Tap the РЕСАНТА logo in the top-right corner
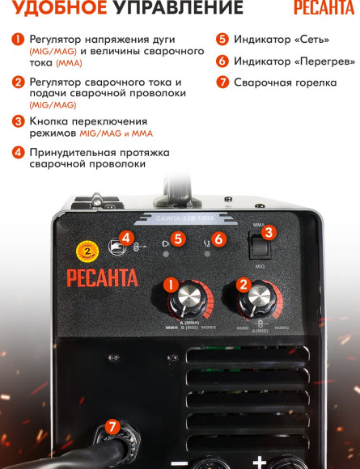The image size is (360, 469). (x=323, y=10)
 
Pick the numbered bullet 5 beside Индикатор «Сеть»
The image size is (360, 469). (x=222, y=39)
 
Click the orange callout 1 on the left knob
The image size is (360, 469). (x=171, y=284)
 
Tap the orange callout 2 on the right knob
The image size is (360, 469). (x=243, y=284)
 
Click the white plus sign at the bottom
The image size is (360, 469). (x=260, y=462)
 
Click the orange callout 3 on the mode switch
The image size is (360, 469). (x=269, y=232)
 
